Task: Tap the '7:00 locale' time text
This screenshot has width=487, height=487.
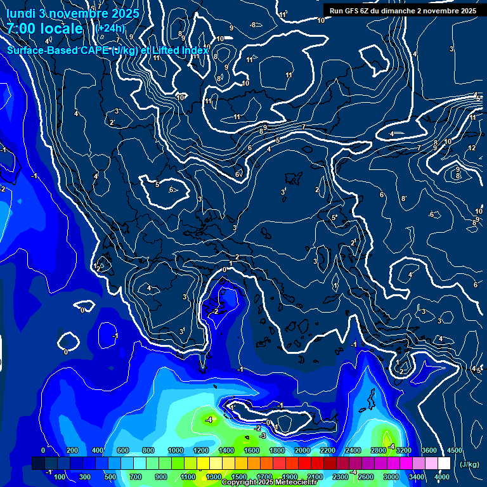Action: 45,29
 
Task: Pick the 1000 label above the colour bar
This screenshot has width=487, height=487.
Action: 176,450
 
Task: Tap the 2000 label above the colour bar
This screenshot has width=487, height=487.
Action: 302,450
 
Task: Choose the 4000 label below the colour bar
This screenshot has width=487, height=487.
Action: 442,476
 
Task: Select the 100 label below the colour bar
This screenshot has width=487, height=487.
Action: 60,476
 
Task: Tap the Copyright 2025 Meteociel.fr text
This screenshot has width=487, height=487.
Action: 269,483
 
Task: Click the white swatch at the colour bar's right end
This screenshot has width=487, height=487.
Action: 444,464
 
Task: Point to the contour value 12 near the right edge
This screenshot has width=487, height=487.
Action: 472,148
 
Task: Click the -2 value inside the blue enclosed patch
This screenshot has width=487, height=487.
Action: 216,311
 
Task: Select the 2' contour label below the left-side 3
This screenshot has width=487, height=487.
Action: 112,122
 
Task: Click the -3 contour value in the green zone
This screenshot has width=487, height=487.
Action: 262,436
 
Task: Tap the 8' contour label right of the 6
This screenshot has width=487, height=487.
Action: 403,198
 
